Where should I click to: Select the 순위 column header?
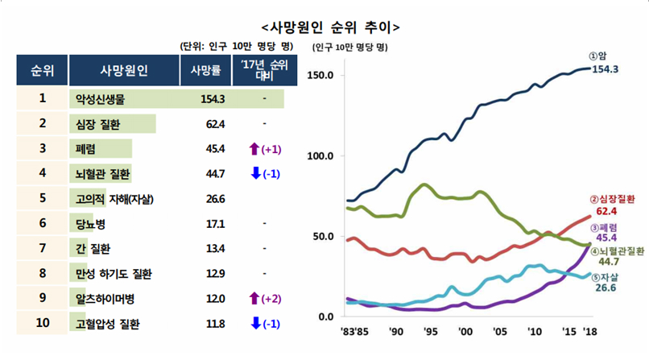click(x=41, y=70)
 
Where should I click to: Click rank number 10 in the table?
click(x=42, y=324)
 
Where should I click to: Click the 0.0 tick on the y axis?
click(x=326, y=316)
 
